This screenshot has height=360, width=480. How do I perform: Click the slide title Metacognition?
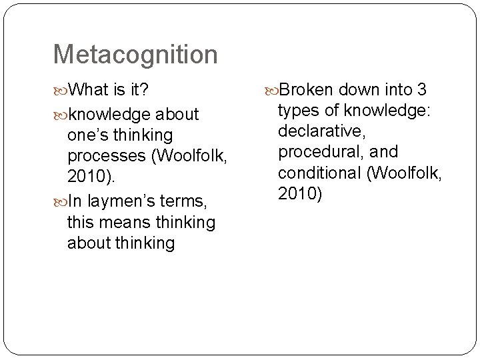click(135, 55)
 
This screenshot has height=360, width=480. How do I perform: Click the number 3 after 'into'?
click(421, 89)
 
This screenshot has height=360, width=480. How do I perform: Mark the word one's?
click(87, 135)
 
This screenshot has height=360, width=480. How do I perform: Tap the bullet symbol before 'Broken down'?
click(271, 89)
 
